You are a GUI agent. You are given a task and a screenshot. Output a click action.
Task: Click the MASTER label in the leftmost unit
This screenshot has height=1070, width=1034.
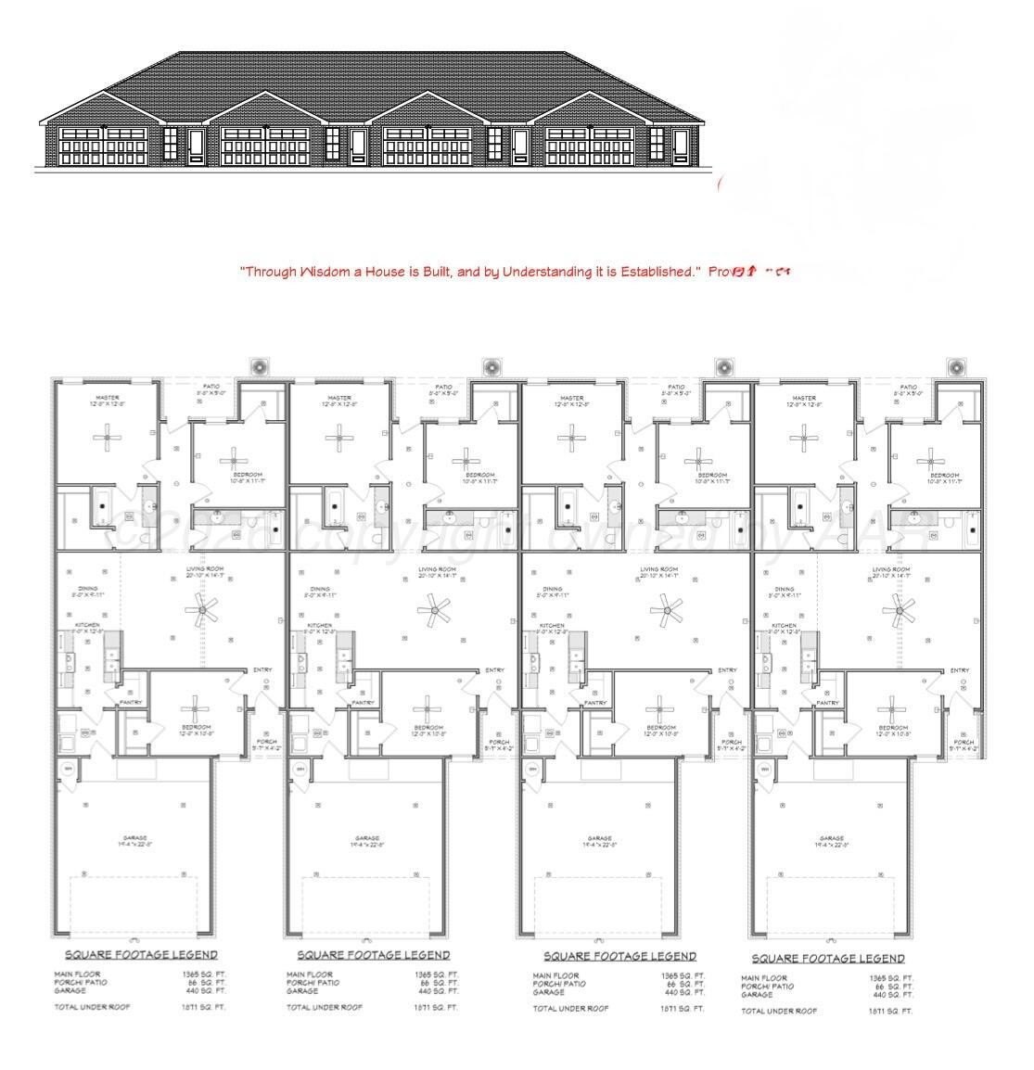click(108, 398)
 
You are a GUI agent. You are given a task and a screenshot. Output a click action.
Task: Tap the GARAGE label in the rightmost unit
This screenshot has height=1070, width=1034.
click(831, 838)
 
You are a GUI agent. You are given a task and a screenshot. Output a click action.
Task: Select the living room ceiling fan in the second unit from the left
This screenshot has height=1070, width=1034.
click(432, 609)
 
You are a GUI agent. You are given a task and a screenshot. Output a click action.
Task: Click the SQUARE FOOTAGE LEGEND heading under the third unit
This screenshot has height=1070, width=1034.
click(619, 956)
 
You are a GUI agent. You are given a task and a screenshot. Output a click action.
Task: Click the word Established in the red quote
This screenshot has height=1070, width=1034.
click(655, 272)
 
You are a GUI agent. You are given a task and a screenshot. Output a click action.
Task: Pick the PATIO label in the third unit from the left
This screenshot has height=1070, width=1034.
click(676, 387)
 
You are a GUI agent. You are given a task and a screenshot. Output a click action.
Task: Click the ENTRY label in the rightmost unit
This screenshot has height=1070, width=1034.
click(959, 670)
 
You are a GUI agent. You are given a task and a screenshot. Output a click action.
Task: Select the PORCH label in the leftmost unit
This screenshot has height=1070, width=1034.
click(267, 742)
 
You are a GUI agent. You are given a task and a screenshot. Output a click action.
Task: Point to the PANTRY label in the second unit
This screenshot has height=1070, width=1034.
click(363, 703)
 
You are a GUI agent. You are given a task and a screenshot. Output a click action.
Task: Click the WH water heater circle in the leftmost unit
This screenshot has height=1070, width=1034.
click(68, 769)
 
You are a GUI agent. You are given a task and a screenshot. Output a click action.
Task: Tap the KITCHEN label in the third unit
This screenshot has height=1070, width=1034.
click(552, 626)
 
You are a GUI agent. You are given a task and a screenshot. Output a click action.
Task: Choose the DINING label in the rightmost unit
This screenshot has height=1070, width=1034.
click(785, 589)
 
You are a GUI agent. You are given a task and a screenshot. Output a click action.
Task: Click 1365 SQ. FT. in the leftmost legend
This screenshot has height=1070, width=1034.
click(204, 974)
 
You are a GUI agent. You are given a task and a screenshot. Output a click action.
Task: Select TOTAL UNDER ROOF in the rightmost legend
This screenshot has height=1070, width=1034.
click(779, 1011)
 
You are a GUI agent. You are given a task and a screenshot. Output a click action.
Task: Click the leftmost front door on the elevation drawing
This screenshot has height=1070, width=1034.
click(196, 146)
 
